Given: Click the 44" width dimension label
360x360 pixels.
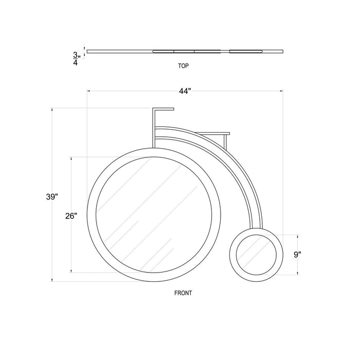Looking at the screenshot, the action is (x=185, y=91).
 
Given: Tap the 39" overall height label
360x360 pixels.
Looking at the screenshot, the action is (x=52, y=197).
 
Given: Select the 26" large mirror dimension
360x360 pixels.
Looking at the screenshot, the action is (x=71, y=216).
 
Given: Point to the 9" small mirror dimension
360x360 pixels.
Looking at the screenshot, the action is (x=297, y=255).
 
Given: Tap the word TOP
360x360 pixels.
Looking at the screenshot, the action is (x=184, y=66).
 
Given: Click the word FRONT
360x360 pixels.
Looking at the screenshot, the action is (x=183, y=293).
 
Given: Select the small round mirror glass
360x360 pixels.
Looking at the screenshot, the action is (x=256, y=255).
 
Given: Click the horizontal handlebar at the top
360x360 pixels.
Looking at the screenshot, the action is (x=163, y=109).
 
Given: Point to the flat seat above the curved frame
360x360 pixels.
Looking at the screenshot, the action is (x=212, y=133).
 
